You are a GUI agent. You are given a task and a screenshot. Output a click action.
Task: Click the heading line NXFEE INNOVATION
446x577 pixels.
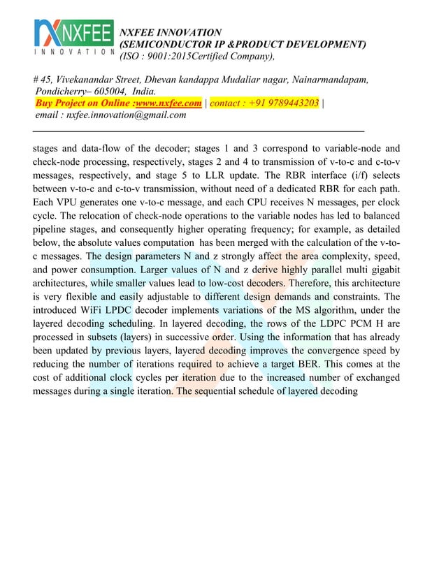[171, 32]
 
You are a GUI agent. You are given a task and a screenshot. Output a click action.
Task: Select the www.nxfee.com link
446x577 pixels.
[168, 103]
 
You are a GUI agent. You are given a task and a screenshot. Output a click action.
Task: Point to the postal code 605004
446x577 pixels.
[106, 92]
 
